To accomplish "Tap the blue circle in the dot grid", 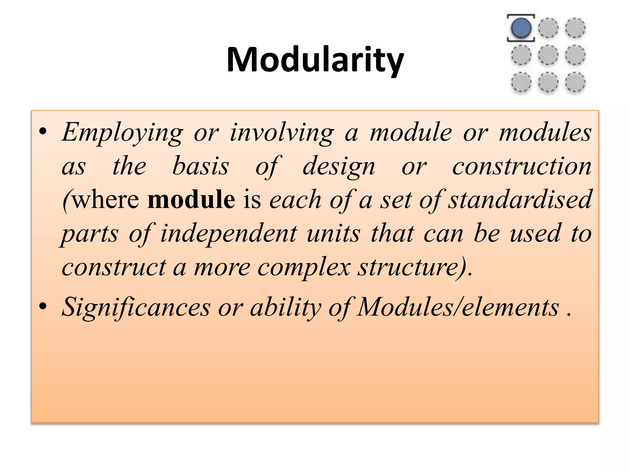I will pos(521,28).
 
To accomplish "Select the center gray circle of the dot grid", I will pos(548,55).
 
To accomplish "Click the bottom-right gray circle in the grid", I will pos(575,82).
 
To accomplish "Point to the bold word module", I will pos(191,200).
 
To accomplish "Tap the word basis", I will pos(201,166).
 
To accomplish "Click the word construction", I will pos(522,166).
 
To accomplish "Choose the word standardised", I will pos(520,200).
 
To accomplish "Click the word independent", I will pos(229,233).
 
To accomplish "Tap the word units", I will pos(333,233).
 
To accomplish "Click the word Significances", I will pos(136,307).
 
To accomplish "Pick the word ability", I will pos(285,307).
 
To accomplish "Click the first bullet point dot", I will pos(43,131).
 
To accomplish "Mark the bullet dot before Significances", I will pos(43,306).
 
